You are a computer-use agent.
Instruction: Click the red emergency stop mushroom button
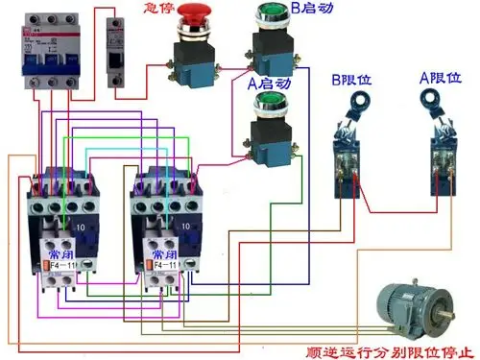(191, 19)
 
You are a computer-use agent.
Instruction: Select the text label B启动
(309, 12)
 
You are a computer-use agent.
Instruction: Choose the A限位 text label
(440, 77)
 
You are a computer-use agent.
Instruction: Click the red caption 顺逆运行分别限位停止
(394, 349)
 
